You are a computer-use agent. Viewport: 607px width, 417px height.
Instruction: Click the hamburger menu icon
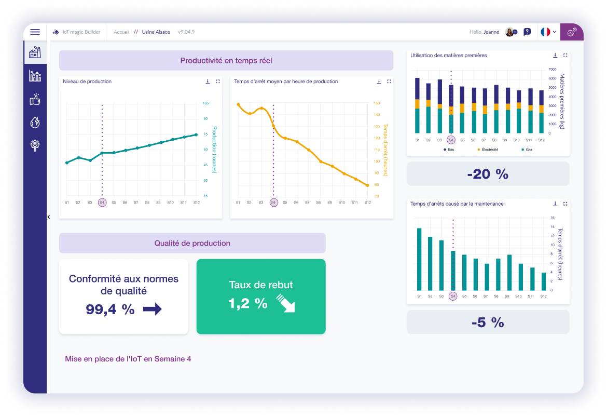(x=35, y=32)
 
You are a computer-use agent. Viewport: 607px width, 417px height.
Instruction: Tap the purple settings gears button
(x=571, y=32)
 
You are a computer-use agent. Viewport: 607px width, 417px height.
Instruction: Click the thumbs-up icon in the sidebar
(x=35, y=99)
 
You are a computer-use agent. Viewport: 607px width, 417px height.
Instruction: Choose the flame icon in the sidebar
(x=35, y=123)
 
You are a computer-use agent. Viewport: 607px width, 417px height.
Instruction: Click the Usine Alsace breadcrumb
(x=156, y=32)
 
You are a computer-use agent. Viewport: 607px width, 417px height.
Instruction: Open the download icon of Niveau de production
(x=208, y=82)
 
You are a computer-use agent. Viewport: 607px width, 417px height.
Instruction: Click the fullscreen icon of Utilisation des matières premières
(x=565, y=56)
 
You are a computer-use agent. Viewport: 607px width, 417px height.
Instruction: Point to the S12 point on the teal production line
(x=196, y=134)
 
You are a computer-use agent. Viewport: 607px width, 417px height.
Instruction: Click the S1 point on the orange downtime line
(x=238, y=104)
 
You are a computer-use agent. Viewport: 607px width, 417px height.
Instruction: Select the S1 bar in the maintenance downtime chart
(x=419, y=259)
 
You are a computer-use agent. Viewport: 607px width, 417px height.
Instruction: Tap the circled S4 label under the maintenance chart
(x=453, y=296)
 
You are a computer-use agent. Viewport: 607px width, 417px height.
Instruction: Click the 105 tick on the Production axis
(x=205, y=103)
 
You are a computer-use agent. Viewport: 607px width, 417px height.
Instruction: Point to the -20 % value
(x=488, y=174)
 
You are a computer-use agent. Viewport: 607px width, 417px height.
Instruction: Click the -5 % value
(x=488, y=322)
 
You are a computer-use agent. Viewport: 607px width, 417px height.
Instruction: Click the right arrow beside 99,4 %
(x=153, y=310)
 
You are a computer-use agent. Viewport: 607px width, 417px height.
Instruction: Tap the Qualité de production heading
(x=192, y=243)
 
